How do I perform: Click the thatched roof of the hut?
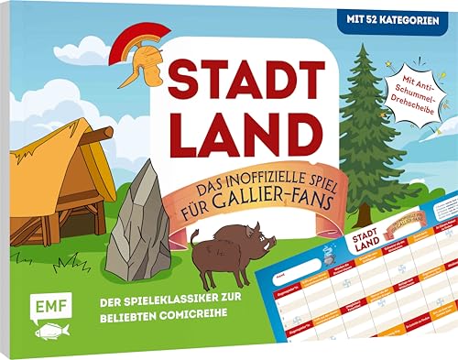click(55, 165)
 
